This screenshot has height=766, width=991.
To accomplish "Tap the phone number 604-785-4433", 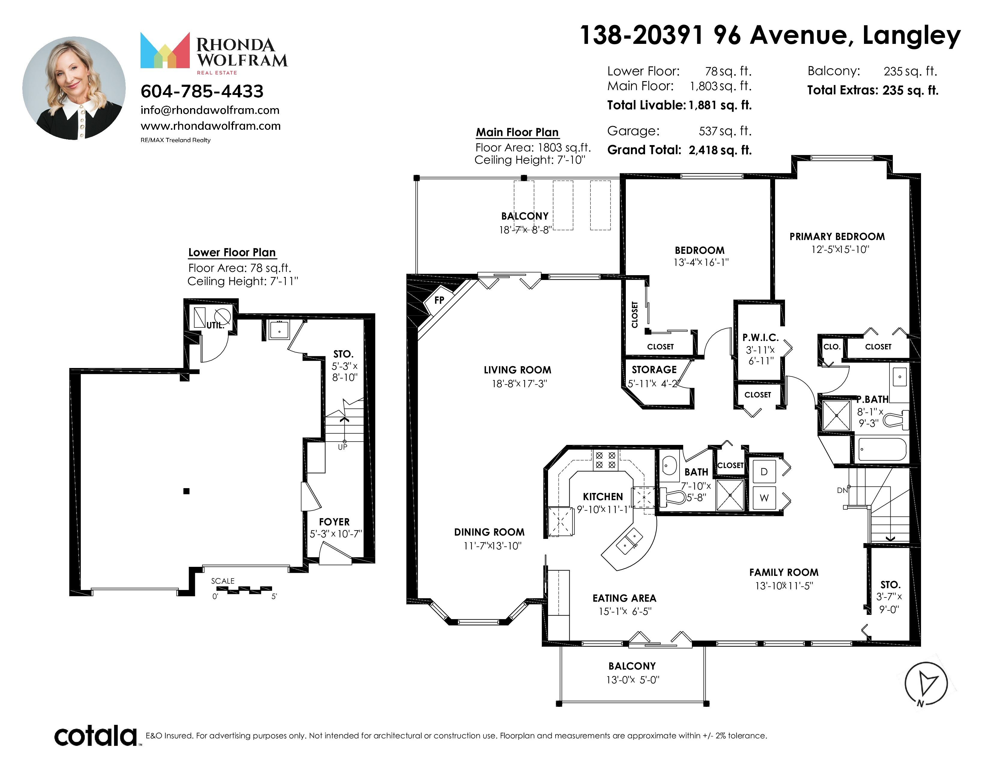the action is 202,91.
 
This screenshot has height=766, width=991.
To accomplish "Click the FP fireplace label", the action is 439,300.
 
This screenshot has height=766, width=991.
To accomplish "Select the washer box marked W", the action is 764,498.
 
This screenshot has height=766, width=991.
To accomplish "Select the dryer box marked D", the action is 764,472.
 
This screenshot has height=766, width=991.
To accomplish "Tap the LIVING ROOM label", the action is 517,370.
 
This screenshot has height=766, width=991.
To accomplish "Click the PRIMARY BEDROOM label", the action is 837,236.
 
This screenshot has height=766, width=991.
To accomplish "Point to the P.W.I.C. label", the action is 760,337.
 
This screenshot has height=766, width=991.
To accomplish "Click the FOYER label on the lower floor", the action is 335,522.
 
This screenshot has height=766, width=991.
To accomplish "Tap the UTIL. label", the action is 215,325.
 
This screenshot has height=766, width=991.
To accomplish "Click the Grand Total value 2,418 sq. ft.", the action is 720,150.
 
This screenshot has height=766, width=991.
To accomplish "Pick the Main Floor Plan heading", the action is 517,132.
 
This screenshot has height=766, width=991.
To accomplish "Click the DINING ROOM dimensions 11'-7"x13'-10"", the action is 492,546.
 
